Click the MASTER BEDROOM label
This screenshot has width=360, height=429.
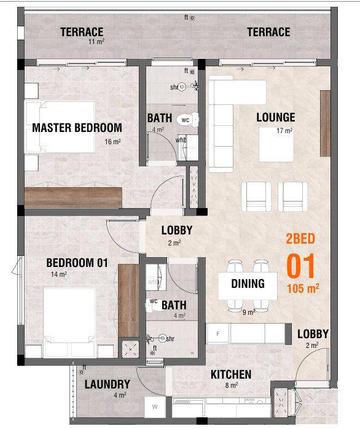point(77,128)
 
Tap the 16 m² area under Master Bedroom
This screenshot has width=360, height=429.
point(112,142)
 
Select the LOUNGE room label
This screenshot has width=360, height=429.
point(276,117)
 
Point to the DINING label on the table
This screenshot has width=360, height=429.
point(248,284)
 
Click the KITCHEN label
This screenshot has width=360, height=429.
point(231,374)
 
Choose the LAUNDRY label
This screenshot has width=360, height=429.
point(108,384)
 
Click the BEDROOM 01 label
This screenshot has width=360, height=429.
point(77,263)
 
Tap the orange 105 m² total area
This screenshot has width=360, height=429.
point(303,288)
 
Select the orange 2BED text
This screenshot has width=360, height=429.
point(300,239)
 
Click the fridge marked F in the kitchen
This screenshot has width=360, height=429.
point(218,333)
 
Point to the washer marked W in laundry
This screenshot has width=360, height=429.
point(155,406)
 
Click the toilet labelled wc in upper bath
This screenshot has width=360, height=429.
point(187,120)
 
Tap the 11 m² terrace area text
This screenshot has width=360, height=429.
point(96,42)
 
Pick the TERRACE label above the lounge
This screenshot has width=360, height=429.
point(268,32)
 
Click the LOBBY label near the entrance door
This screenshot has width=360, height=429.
point(313,334)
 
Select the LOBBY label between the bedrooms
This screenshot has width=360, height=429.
point(177,230)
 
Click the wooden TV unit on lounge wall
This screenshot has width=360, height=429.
point(325,123)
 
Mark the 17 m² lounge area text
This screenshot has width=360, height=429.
point(284,131)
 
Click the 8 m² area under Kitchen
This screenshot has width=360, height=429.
point(232,385)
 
